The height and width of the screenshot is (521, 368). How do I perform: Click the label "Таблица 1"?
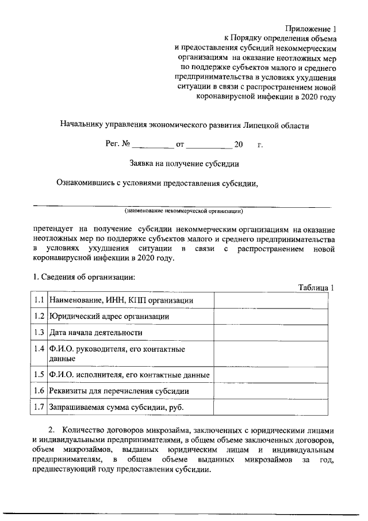click(316, 287)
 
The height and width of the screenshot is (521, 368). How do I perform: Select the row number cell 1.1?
click(39, 300)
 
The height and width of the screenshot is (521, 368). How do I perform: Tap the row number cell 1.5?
click(39, 375)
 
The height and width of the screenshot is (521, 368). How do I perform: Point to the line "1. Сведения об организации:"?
click(84, 277)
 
